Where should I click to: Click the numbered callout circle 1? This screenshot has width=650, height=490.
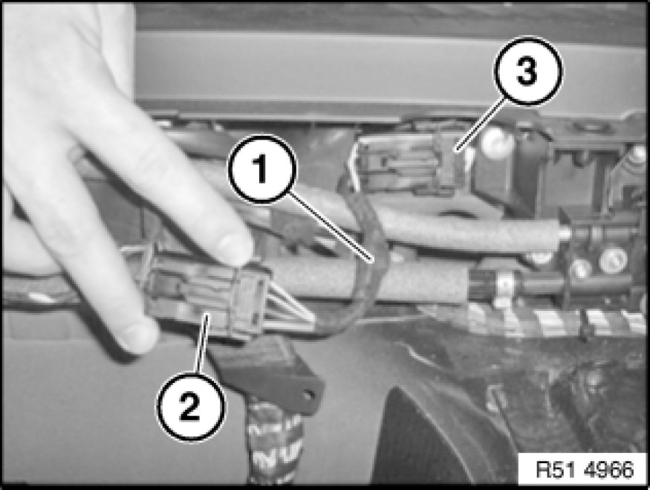[x=262, y=169]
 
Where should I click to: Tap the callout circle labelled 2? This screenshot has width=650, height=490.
[x=191, y=407]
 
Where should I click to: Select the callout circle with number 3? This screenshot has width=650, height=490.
[x=527, y=71]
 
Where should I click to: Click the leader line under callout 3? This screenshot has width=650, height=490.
[x=480, y=126]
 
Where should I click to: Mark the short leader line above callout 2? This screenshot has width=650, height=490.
[x=203, y=344]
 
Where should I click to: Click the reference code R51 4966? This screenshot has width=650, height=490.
[x=585, y=470]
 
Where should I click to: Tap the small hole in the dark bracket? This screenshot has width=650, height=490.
[x=308, y=395]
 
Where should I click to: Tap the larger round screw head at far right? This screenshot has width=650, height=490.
[x=612, y=259]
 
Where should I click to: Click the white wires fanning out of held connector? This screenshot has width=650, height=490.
[x=290, y=307]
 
